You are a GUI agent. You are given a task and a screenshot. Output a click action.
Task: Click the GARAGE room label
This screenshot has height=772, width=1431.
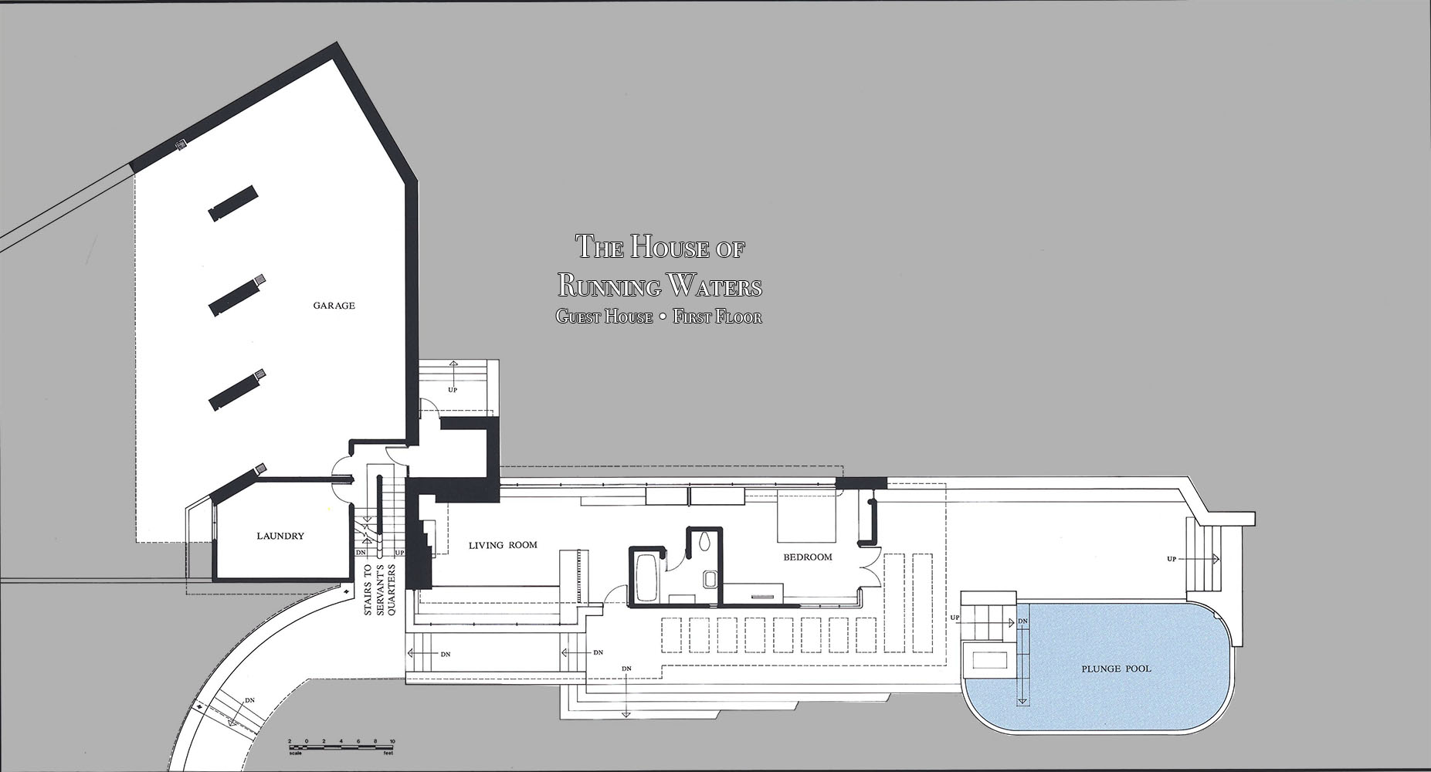(334, 306)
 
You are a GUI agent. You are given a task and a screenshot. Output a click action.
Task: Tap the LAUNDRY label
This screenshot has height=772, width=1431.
(280, 536)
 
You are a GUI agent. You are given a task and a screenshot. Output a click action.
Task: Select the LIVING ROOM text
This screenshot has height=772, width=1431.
(503, 545)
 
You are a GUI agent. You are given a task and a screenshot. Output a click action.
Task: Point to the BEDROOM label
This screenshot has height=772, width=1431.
(808, 557)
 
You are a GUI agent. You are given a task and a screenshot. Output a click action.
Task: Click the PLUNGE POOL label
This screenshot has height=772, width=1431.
(1116, 669)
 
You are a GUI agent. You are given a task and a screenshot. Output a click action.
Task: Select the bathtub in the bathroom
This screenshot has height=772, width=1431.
(645, 575)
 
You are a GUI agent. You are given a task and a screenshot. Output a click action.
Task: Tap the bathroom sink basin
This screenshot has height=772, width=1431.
(710, 580)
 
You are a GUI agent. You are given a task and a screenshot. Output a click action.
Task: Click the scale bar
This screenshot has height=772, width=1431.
(341, 744)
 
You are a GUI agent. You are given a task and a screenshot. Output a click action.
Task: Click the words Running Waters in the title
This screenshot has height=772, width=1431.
(660, 286)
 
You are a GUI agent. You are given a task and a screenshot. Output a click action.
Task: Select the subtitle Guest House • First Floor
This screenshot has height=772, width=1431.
(659, 317)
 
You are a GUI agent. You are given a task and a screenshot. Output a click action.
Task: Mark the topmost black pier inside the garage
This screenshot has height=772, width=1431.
(232, 203)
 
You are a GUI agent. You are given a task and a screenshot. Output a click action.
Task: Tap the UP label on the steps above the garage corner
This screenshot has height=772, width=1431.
(453, 390)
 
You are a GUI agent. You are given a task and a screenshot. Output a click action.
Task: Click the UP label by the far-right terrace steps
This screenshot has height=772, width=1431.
(1172, 559)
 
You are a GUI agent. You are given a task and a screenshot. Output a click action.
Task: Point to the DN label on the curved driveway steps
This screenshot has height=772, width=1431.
(249, 700)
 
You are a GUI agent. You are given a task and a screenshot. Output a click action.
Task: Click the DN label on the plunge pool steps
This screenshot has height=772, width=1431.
(1022, 621)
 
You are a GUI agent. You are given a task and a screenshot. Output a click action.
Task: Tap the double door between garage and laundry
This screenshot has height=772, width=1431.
(341, 478)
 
